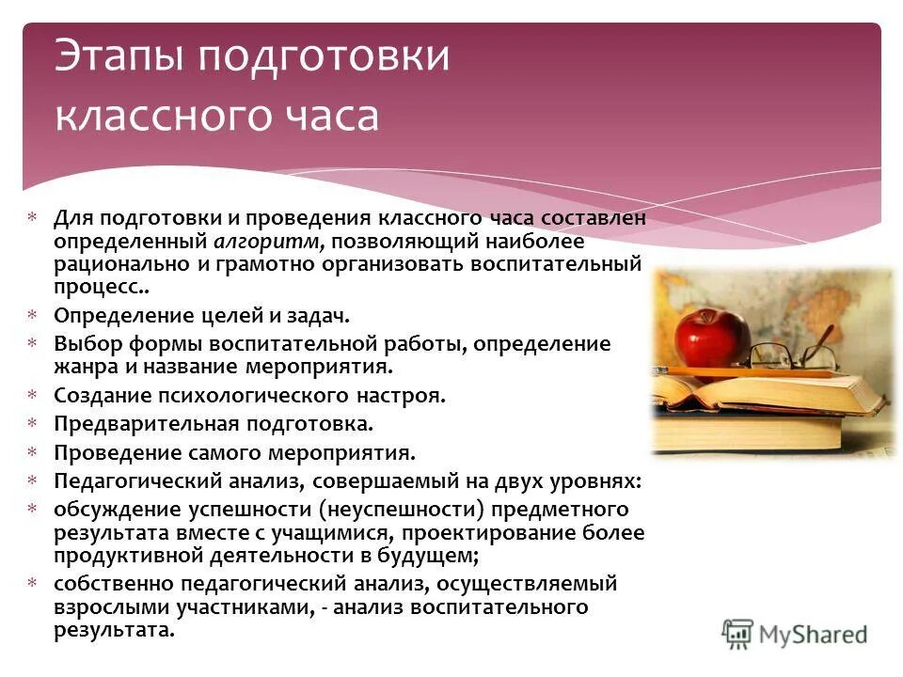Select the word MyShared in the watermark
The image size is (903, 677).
coord(813,634)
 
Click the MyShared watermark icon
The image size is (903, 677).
coord(738,633)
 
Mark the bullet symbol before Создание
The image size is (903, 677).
coord(33,396)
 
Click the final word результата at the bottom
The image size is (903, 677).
coord(114,630)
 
